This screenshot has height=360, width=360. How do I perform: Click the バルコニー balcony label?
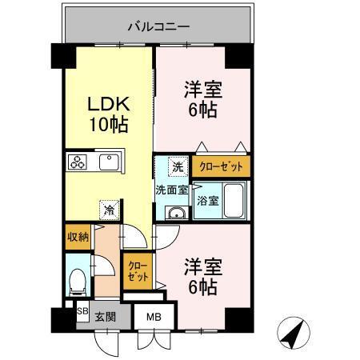[158, 26]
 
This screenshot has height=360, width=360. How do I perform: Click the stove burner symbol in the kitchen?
[78, 162]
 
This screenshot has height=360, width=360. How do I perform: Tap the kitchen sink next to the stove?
[108, 163]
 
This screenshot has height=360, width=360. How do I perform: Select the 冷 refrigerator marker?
[107, 210]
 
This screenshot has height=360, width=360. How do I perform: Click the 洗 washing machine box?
[178, 167]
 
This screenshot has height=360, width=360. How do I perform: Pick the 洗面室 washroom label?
[171, 190]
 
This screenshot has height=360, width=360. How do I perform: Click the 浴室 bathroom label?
[208, 200]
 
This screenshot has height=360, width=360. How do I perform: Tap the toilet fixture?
[78, 279]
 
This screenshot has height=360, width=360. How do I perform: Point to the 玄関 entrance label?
[106, 316]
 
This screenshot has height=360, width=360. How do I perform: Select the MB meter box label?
[153, 317]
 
